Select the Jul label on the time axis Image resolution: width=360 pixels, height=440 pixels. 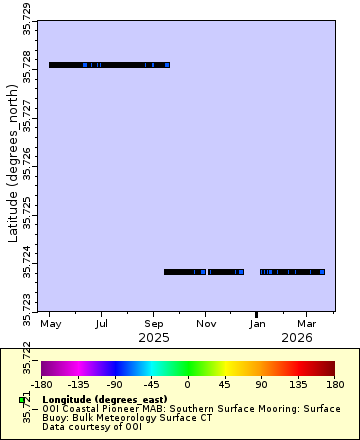click(102, 325)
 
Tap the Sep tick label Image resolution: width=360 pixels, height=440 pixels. click(154, 325)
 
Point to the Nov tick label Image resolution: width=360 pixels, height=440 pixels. click(206, 325)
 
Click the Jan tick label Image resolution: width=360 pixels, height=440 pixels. click(258, 325)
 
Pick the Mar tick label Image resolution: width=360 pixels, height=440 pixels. click(307, 325)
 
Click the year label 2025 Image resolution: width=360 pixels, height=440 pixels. click(154, 338)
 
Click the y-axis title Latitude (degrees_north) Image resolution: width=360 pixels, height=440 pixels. click(13, 165)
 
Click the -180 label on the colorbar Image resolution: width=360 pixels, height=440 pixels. click(42, 383)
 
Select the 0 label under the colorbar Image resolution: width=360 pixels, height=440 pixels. click(187, 383)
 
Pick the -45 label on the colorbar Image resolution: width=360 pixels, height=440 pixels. click(151, 383)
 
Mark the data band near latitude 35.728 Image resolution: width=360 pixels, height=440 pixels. click(109, 65)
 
